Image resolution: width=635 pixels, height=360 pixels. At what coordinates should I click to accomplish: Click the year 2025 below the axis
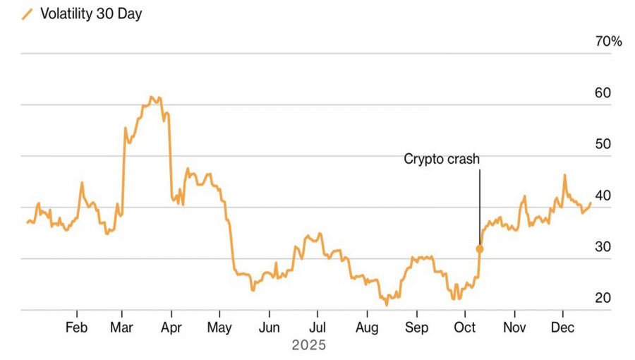click(x=309, y=345)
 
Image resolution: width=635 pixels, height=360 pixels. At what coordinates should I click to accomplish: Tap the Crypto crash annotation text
click(x=442, y=160)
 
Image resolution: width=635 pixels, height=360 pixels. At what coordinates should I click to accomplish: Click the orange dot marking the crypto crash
click(x=480, y=248)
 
